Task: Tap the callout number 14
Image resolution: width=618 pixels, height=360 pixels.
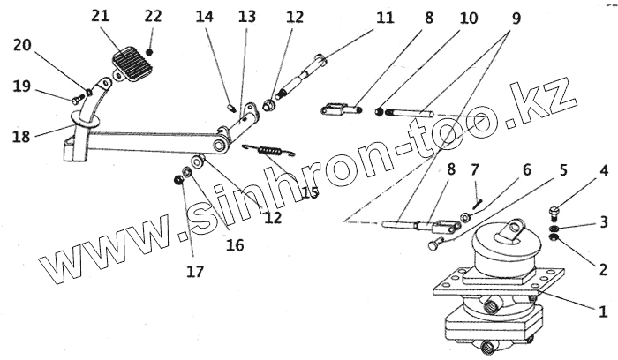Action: [204, 16]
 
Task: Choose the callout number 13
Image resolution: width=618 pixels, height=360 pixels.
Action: [246, 16]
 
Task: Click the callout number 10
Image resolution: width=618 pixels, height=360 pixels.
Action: [468, 18]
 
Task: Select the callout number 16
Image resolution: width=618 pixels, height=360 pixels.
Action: [234, 244]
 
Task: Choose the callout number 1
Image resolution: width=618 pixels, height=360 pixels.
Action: [603, 311]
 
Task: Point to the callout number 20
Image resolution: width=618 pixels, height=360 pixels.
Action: [22, 46]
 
